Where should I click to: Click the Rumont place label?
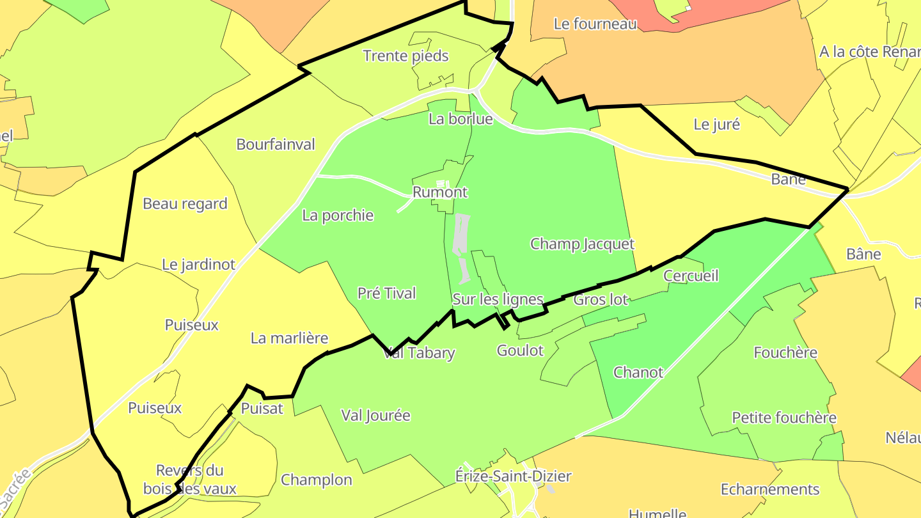[440, 192]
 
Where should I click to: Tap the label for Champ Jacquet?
[582, 244]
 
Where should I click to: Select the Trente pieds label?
[406, 56]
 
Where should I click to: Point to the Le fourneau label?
[595, 24]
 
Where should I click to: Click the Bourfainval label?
[276, 145]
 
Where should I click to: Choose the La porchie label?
[338, 216]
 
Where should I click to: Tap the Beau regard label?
[185, 204]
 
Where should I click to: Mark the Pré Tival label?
[387, 294]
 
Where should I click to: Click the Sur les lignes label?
[498, 299]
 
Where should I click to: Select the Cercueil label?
[691, 276]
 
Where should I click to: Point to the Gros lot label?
[601, 299]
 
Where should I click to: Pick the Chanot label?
[638, 372]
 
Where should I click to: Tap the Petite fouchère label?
[784, 418]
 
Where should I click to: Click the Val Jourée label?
[376, 416]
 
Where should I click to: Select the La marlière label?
[289, 338]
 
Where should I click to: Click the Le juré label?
[717, 125]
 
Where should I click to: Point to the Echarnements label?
[770, 490]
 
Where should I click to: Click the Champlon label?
[317, 480]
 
